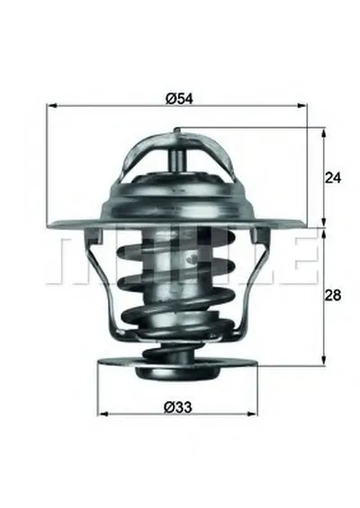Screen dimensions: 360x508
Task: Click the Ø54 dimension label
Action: pyautogui.click(x=179, y=99)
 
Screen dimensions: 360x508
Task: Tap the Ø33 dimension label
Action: pyautogui.click(x=178, y=407)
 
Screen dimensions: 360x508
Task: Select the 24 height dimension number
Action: pyautogui.click(x=333, y=178)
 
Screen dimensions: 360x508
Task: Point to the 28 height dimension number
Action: pyautogui.click(x=333, y=295)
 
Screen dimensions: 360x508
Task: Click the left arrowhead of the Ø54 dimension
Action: pyautogui.click(x=52, y=105)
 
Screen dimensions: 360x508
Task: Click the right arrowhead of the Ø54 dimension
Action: pyautogui.click(x=301, y=105)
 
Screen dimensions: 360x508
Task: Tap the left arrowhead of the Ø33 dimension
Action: pyautogui.click(x=103, y=414)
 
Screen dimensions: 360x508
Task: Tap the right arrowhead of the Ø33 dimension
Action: pyautogui.click(x=252, y=414)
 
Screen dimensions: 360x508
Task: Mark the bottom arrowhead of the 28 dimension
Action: pyautogui.click(x=323, y=359)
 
